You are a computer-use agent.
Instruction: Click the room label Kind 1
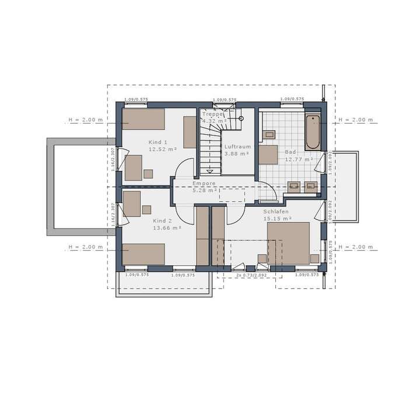click(x=158, y=142)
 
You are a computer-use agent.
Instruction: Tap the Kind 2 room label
click(x=163, y=221)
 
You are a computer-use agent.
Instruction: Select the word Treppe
click(x=212, y=115)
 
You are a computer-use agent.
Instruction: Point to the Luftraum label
click(x=237, y=147)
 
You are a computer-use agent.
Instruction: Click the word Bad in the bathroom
click(x=290, y=152)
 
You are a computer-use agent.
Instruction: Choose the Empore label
click(x=204, y=183)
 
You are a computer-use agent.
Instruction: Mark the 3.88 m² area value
click(x=237, y=154)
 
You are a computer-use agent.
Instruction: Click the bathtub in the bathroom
click(x=313, y=132)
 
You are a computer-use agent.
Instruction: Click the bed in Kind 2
click(x=143, y=254)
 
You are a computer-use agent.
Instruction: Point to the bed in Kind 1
click(x=143, y=119)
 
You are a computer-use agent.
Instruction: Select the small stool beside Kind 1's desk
click(x=148, y=173)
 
